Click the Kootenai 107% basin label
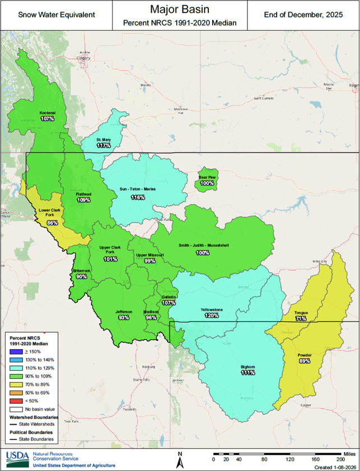click(47, 116)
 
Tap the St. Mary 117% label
click(104, 142)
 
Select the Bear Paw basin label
click(207, 180)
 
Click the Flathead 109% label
click(84, 196)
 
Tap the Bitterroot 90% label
click(81, 274)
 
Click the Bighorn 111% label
click(248, 370)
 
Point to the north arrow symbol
click(180, 460)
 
